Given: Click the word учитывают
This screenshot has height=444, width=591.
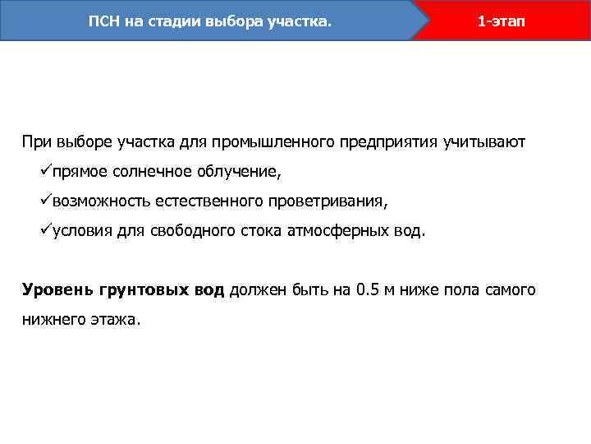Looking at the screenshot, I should click(x=483, y=141).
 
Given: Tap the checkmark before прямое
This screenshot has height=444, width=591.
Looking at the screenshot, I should click(x=45, y=171).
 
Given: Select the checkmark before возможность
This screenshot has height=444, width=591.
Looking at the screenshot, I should click(x=45, y=201).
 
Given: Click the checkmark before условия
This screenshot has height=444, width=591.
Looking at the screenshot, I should click(x=45, y=230).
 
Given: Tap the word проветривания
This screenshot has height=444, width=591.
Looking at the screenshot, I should click(x=332, y=201).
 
